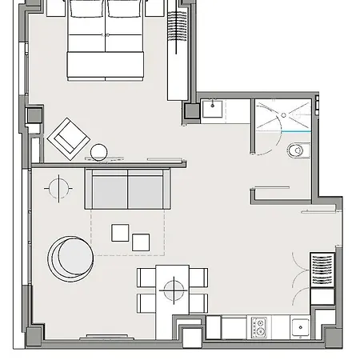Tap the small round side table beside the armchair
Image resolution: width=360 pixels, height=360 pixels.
pos(99,151)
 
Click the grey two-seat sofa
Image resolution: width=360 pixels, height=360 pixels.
pos(128,190)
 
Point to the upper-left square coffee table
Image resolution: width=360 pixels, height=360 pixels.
pos(121,232)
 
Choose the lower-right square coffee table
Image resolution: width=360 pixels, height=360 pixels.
pos(141,241)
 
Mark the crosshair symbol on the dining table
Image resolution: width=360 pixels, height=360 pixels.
pos(172,289)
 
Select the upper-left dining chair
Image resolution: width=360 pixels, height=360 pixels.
pos(146,278)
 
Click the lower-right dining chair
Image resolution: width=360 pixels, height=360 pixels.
pos(198,302)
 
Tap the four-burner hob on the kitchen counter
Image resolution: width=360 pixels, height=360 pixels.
pos(259,326)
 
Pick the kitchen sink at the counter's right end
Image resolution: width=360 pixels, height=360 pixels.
pos(299,326)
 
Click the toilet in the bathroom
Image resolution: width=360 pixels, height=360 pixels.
pos(298,149)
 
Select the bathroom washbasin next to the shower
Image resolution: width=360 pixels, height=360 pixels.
pos(214,110)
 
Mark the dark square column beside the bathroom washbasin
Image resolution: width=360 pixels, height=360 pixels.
pos(191,112)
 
